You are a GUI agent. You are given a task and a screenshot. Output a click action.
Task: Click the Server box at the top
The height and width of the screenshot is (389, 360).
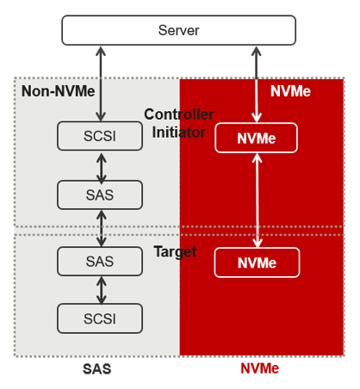coord(178,30)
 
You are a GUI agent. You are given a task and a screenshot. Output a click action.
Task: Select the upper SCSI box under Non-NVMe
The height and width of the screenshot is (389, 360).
coord(100,136)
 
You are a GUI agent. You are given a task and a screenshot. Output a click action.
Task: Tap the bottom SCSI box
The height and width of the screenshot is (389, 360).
coord(100,318)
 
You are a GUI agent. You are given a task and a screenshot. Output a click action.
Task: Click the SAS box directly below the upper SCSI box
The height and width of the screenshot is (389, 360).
coord(100,194)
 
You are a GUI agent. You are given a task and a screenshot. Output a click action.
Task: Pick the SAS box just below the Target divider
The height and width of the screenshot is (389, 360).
coord(100,262)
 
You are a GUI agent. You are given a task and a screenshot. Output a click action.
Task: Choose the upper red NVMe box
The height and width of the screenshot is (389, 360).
coord(256,138)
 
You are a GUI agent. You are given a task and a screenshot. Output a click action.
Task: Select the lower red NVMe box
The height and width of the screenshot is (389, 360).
coord(257,262)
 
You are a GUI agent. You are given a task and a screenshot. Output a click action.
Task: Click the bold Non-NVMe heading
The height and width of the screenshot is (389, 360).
coord(58,91)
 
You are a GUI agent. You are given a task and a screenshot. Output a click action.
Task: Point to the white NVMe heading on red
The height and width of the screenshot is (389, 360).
coord(290,91)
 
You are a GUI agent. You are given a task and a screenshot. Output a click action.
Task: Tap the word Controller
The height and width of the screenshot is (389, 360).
coord(179,114)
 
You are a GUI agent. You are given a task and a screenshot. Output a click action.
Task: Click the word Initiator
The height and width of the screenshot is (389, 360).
coord(179,133)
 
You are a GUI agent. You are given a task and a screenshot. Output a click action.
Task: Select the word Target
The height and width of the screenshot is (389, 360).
coord(175,252)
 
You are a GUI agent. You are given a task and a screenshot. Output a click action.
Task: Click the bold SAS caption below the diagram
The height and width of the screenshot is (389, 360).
coord(97,369)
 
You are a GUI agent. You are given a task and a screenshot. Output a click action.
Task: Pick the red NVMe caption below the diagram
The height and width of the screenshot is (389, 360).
coord(259,368)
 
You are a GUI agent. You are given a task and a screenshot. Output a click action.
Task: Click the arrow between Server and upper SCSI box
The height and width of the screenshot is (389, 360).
coord(101,83)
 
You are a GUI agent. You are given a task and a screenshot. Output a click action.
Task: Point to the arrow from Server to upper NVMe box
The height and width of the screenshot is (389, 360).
coord(257,84)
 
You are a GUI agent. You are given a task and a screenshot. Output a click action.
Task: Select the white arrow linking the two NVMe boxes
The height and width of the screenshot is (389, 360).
coord(258,201)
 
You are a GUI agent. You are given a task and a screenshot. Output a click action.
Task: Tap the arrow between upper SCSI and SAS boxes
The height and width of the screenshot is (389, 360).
coord(101,169)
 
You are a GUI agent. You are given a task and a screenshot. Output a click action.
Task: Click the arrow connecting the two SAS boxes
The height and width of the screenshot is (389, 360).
coord(101,228)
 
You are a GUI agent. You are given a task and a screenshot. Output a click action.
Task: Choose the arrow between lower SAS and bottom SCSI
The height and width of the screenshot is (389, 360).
coord(101,290)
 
